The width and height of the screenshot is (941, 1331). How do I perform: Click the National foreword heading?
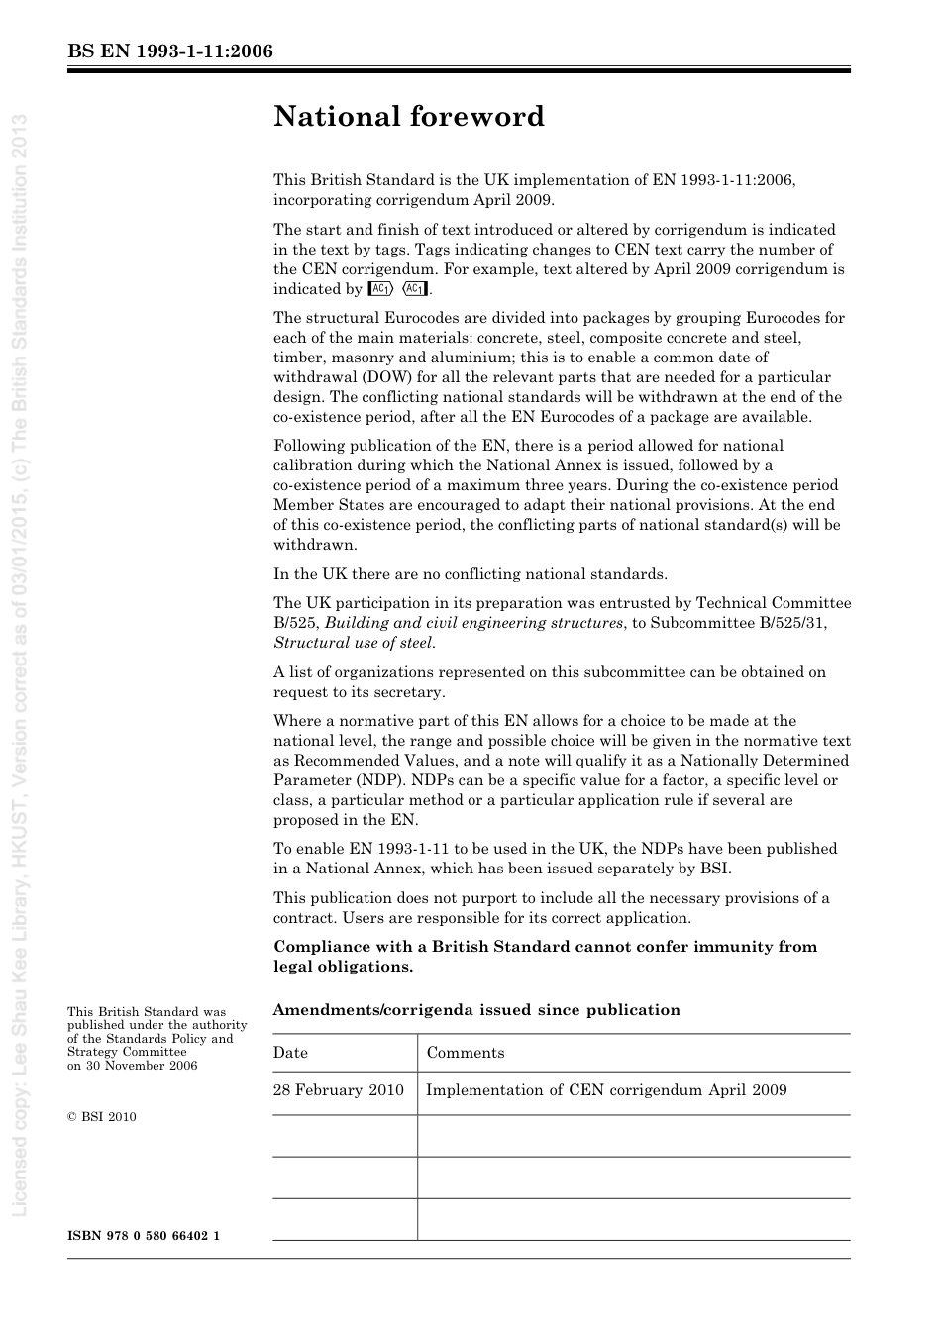[x=409, y=117]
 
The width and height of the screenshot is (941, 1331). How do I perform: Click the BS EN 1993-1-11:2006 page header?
[x=170, y=51]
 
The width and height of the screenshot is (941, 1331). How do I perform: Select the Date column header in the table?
[x=291, y=1053]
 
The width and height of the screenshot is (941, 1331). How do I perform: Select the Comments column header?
[x=466, y=1053]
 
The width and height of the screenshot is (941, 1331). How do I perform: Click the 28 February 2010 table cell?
[x=339, y=1090]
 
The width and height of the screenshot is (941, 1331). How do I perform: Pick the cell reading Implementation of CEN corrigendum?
[x=606, y=1090]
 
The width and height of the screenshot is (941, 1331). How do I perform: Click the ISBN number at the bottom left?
[x=144, y=1236]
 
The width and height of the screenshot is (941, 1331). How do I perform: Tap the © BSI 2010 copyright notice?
[x=102, y=1117]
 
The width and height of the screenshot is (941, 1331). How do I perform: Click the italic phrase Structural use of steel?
[x=354, y=643]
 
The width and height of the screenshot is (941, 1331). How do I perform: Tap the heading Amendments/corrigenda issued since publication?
[x=477, y=1010]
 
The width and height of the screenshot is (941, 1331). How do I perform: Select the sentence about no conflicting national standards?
[x=470, y=574]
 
